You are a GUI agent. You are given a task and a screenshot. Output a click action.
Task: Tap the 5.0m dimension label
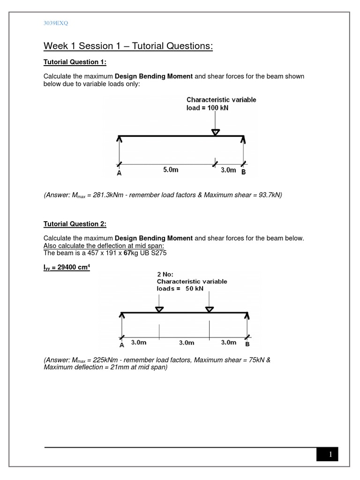tap(171, 170)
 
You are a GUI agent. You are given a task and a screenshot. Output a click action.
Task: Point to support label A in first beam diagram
tap(120, 172)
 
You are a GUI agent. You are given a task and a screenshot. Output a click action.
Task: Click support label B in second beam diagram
tap(247, 345)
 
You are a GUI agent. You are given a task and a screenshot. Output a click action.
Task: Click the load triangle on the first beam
tap(215, 133)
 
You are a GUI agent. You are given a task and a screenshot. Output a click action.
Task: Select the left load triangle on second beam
tap(159, 309)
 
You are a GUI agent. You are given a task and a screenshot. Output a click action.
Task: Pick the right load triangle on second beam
tap(209, 309)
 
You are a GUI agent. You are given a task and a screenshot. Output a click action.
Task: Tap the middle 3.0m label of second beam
tap(186, 343)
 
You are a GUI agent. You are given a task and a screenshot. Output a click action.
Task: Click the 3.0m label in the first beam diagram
tap(228, 170)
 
